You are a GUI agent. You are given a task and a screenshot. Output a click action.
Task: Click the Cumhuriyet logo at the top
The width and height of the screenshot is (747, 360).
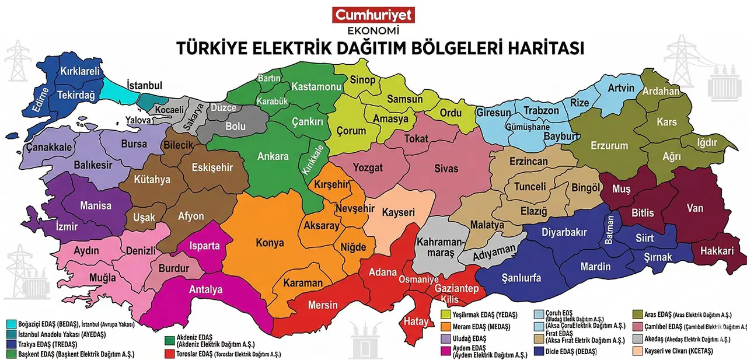click(373, 15)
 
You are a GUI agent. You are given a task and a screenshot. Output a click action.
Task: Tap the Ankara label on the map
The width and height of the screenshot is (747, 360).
click(273, 156)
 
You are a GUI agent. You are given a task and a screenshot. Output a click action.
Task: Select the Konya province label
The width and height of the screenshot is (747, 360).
click(270, 243)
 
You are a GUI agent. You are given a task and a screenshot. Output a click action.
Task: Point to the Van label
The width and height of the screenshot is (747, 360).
click(694, 208)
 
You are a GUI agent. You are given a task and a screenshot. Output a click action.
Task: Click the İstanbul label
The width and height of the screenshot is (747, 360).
click(144, 86)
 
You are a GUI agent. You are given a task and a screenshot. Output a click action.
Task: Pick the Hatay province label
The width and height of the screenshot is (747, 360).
click(416, 320)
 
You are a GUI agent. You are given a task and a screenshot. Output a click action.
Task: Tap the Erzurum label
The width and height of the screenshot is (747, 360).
click(609, 145)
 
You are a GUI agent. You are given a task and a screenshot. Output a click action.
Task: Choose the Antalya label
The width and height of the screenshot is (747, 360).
click(205, 289)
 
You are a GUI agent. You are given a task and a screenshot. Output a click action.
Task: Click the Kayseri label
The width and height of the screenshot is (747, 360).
click(398, 212)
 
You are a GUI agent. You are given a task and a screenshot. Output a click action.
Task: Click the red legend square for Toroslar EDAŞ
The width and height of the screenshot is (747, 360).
click(169, 354)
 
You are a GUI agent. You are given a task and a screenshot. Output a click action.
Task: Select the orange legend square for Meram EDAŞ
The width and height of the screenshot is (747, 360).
click(445, 326)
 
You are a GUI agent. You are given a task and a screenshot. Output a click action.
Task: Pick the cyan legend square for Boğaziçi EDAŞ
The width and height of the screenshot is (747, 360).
click(11, 324)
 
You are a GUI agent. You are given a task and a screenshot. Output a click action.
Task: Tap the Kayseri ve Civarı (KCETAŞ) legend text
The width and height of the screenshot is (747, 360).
click(678, 351)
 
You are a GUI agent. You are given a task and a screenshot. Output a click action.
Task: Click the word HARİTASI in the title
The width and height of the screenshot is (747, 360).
click(540, 48)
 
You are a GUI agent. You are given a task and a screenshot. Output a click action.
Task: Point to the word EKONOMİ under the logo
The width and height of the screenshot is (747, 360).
click(373, 31)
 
